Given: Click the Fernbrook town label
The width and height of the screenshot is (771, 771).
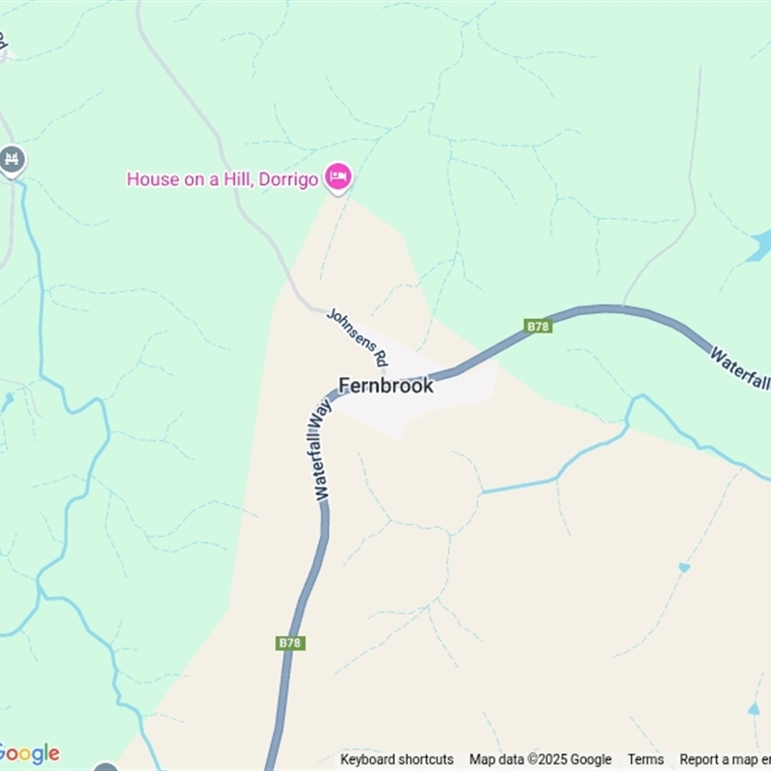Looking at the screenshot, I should [x=385, y=385].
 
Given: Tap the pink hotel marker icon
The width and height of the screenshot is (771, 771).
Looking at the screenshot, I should [x=337, y=176].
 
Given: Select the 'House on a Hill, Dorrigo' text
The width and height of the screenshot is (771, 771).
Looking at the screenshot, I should [x=223, y=179].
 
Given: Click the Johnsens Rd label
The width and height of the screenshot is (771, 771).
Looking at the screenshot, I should [x=358, y=336].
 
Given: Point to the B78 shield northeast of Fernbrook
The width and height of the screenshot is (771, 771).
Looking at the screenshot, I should [x=539, y=327].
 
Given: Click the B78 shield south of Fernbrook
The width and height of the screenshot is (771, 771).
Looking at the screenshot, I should [x=290, y=643].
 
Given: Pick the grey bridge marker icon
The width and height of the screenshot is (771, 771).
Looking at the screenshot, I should [x=12, y=159].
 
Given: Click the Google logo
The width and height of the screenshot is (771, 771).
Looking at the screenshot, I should [x=29, y=753].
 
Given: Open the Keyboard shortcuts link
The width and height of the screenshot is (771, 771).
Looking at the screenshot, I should [x=396, y=759].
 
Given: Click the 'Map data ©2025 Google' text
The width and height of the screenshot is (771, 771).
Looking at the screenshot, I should [x=540, y=759].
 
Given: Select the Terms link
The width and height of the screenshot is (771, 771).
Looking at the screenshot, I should [x=646, y=759].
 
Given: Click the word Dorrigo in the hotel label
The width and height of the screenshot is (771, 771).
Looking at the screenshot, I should [x=290, y=179].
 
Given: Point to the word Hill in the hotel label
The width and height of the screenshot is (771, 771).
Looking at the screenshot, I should [x=239, y=179].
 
